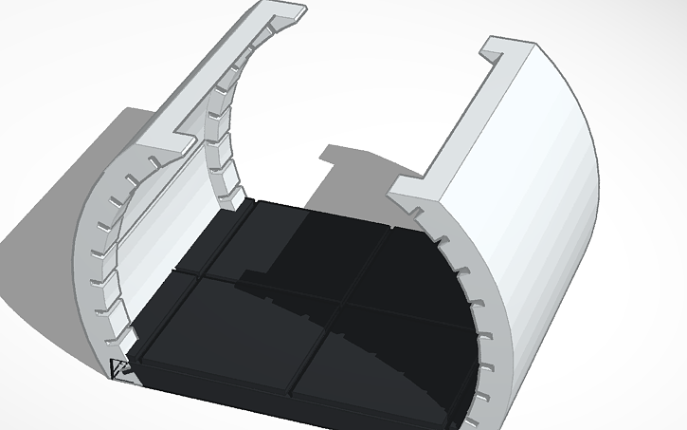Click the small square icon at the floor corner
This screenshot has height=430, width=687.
click(120, 369)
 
